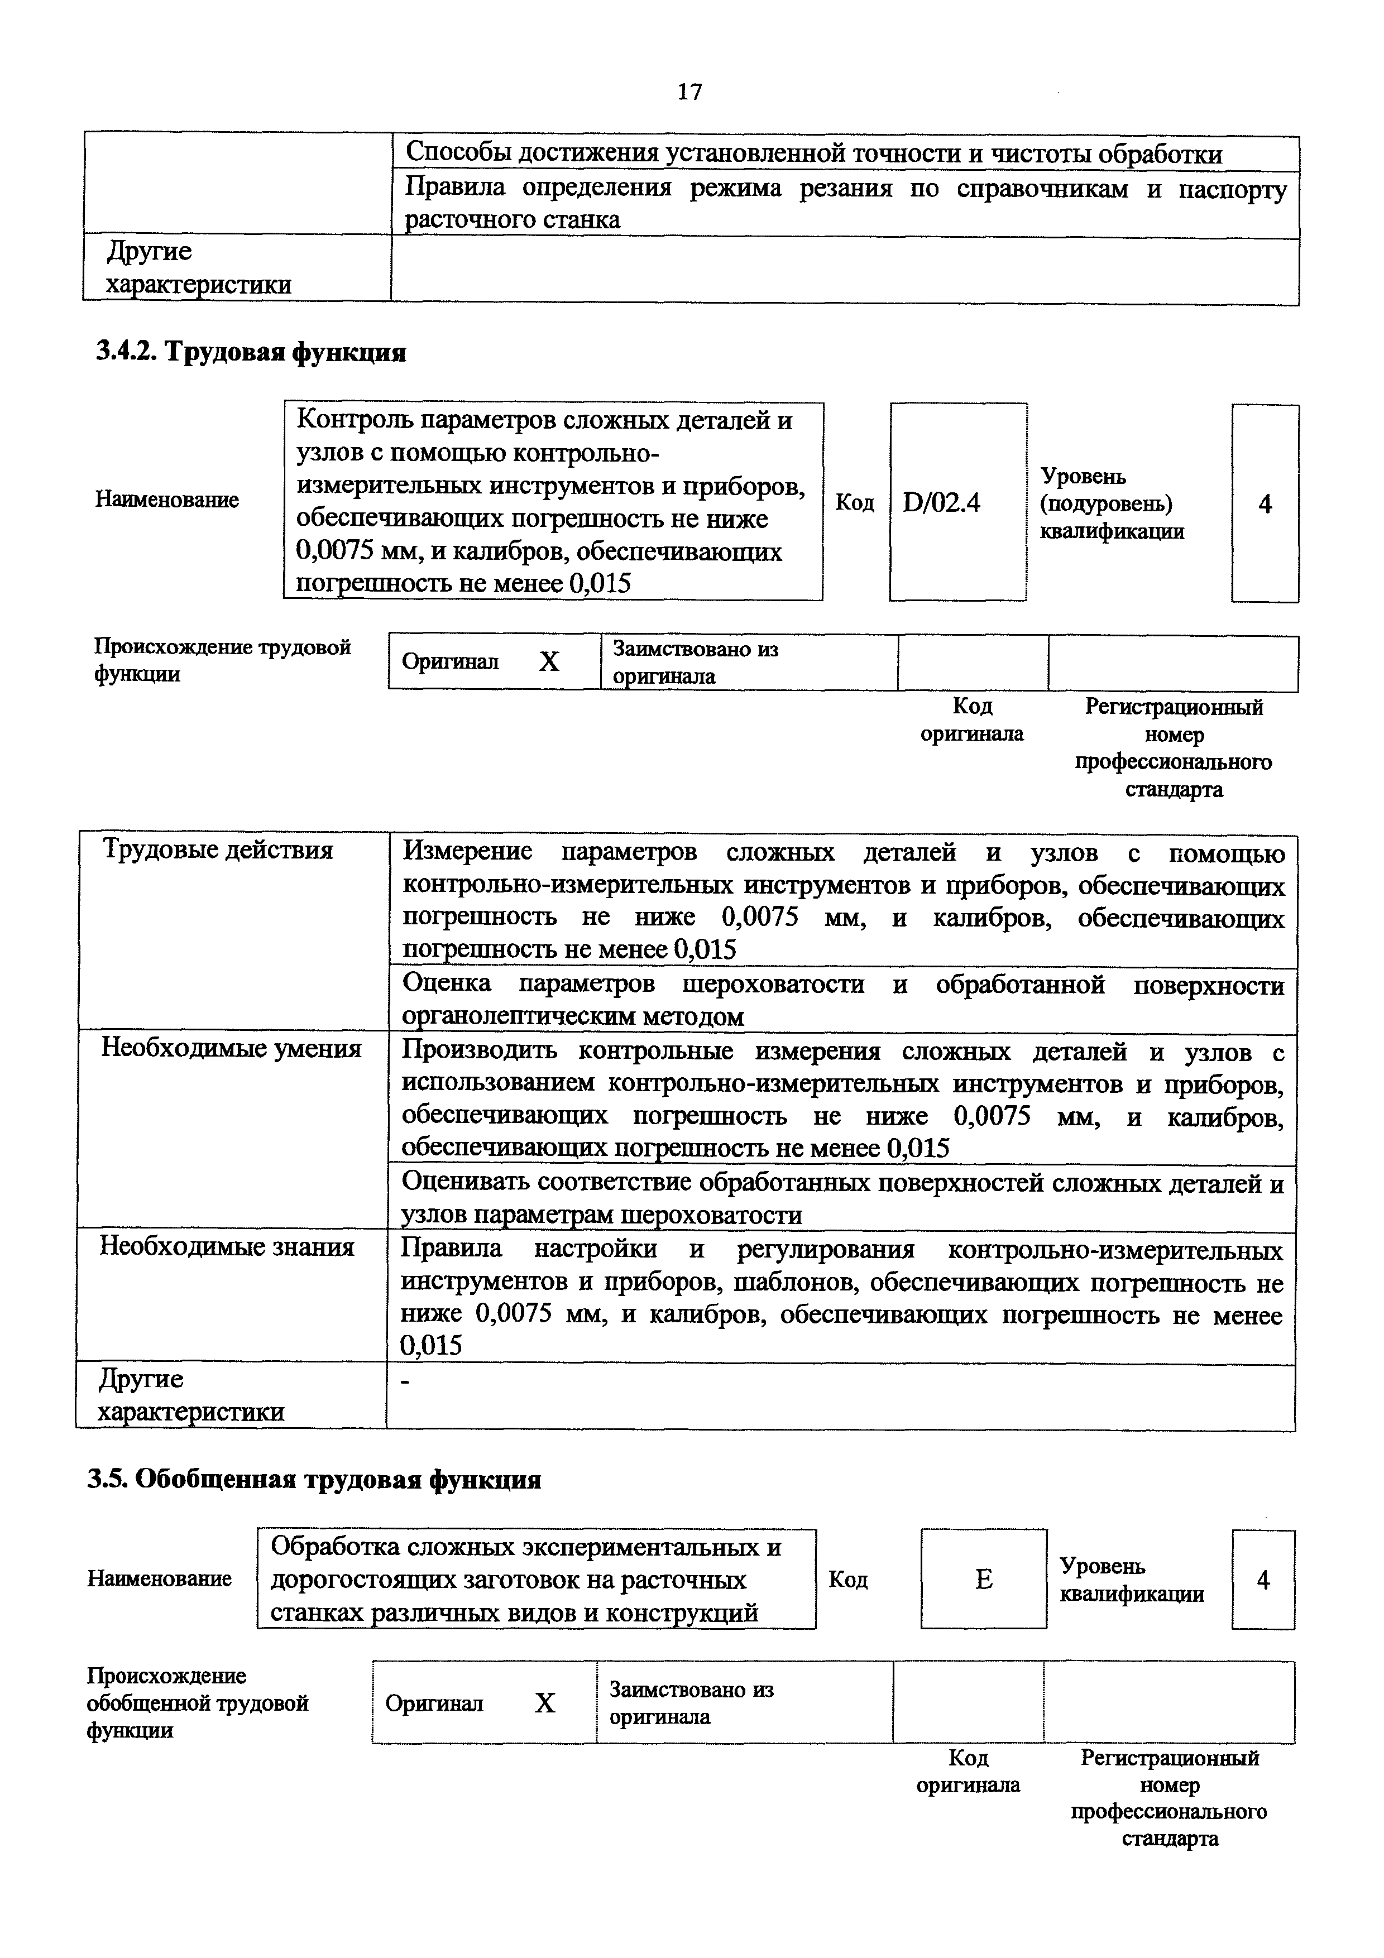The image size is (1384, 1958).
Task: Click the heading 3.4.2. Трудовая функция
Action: coord(251,351)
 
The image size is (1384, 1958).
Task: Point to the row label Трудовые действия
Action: coord(217,850)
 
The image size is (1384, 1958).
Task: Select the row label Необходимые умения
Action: coord(231,1048)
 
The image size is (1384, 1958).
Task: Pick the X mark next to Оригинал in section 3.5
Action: coord(544,1703)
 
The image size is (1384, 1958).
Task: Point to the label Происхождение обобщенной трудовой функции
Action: coord(197,1703)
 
